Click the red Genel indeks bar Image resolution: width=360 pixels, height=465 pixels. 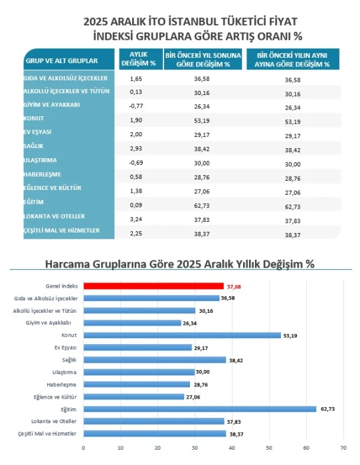153,286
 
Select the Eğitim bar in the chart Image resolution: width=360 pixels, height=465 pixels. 199,409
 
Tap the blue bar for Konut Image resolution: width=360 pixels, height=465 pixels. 181,335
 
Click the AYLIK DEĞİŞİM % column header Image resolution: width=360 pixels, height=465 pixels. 139,59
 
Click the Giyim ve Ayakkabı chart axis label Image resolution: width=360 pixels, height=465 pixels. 53,323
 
